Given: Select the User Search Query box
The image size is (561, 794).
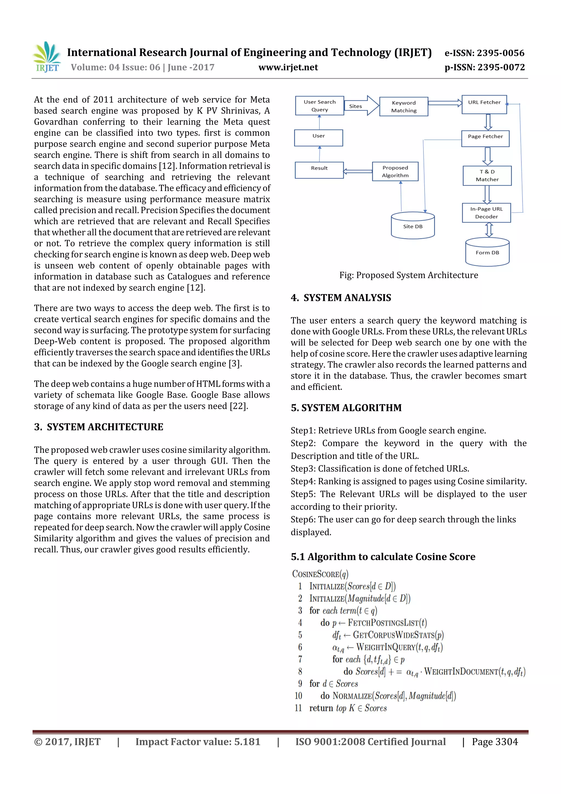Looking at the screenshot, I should pos(319,106).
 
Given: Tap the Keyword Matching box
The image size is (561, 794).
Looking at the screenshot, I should pos(403,107).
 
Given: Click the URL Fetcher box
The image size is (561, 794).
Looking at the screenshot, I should pos(484,104).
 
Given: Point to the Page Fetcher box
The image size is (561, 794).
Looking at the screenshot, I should pos(485,138).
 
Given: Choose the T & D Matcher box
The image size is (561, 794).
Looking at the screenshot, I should pos(487,176).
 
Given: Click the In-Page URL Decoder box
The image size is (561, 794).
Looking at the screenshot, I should pos(486,213).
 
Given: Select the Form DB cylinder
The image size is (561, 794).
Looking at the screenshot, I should pos(487,252).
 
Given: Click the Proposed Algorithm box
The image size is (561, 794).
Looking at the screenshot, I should pos(395,172).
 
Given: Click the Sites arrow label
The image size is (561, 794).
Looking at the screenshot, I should pos(355,106).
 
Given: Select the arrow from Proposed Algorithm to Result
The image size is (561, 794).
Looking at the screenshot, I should pos(358,171).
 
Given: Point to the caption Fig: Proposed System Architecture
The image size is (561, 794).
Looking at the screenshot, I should pos(409,275).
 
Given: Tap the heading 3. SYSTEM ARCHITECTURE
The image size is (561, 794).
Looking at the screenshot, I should pos(99,427).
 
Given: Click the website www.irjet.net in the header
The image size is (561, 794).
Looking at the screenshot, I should pos(288,67).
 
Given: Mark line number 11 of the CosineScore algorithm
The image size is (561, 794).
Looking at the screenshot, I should pos(298,708).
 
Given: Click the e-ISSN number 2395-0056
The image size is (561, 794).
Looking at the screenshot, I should pos(500,53).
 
